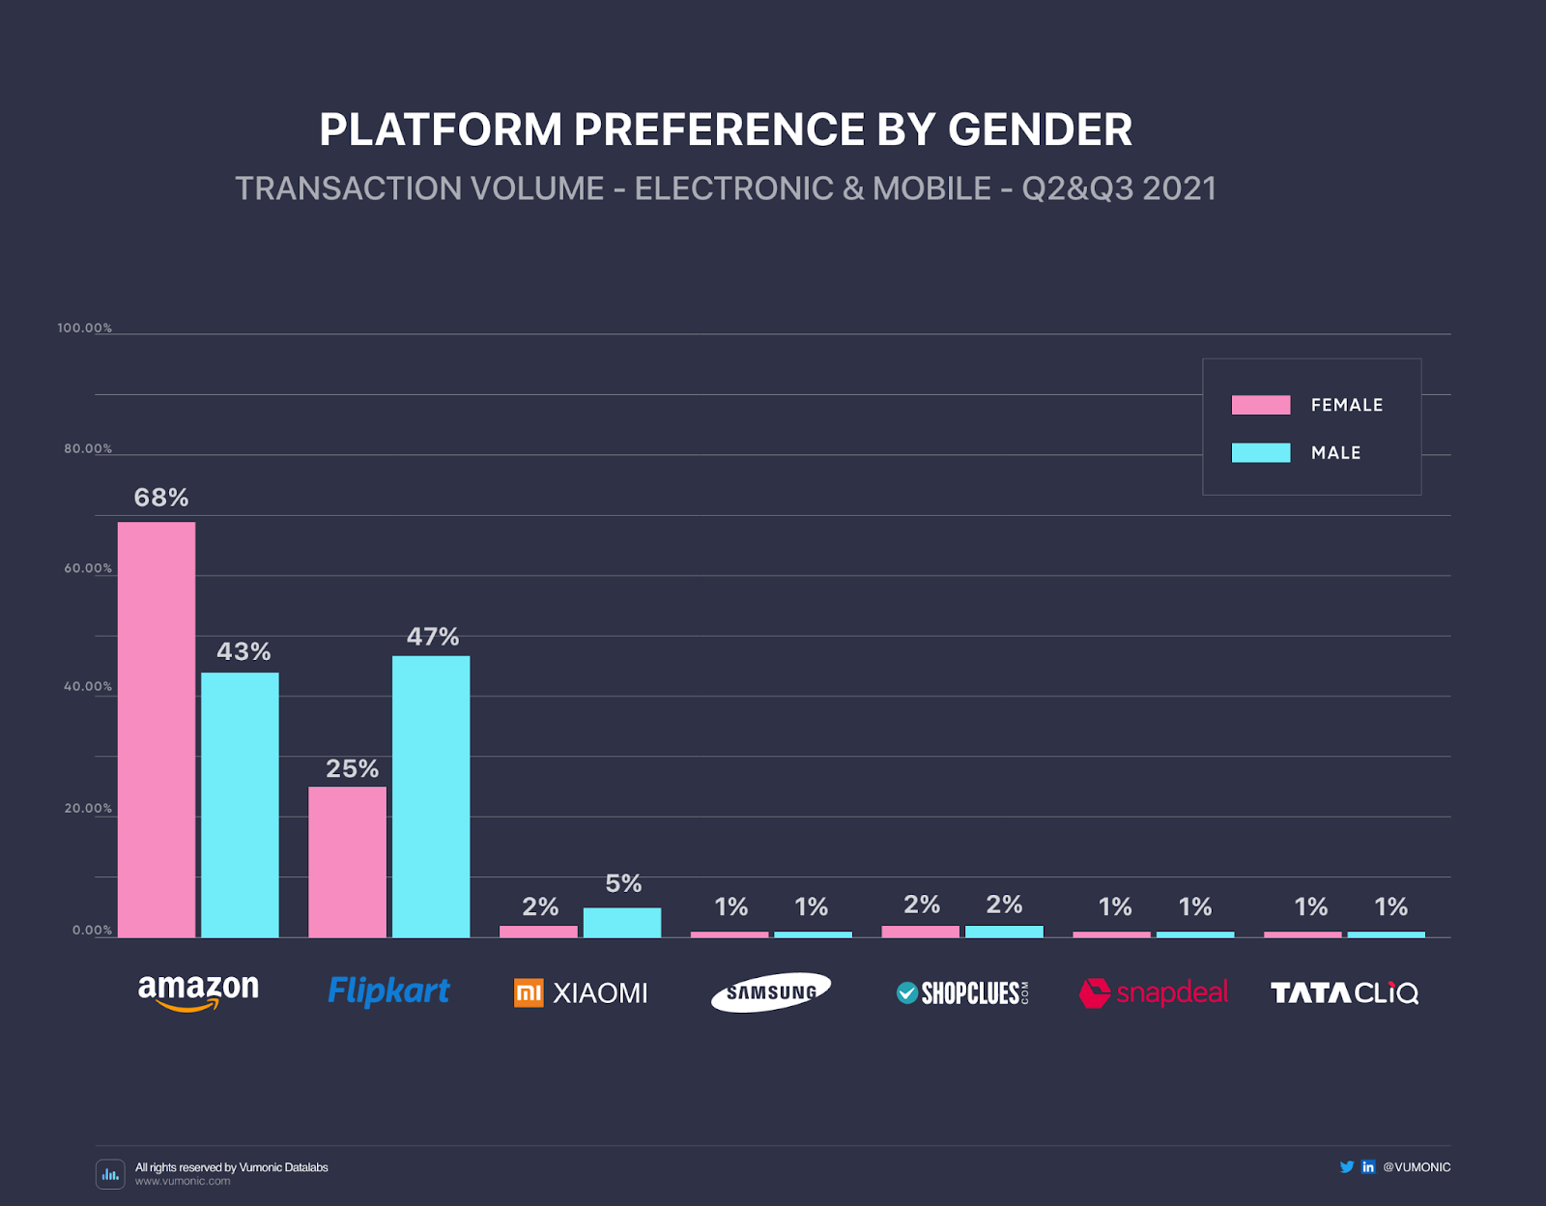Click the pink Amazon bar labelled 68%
[157, 730]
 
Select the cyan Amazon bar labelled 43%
[240, 805]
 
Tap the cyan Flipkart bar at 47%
[431, 796]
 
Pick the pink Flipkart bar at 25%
[347, 862]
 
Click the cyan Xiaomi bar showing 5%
[622, 923]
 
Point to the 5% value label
[623, 883]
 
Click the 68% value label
[161, 498]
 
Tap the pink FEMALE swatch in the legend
[1261, 405]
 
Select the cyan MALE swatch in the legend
[1261, 452]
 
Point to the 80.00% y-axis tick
[88, 448]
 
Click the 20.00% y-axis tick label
[88, 808]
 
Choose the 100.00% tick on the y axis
[85, 329]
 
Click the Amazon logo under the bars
[198, 991]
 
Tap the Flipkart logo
[388, 991]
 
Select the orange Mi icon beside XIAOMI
[529, 992]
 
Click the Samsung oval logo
[771, 992]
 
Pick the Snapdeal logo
[1154, 992]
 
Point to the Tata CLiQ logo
[1344, 992]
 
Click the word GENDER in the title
[1040, 129]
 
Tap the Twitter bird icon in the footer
[1346, 1166]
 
